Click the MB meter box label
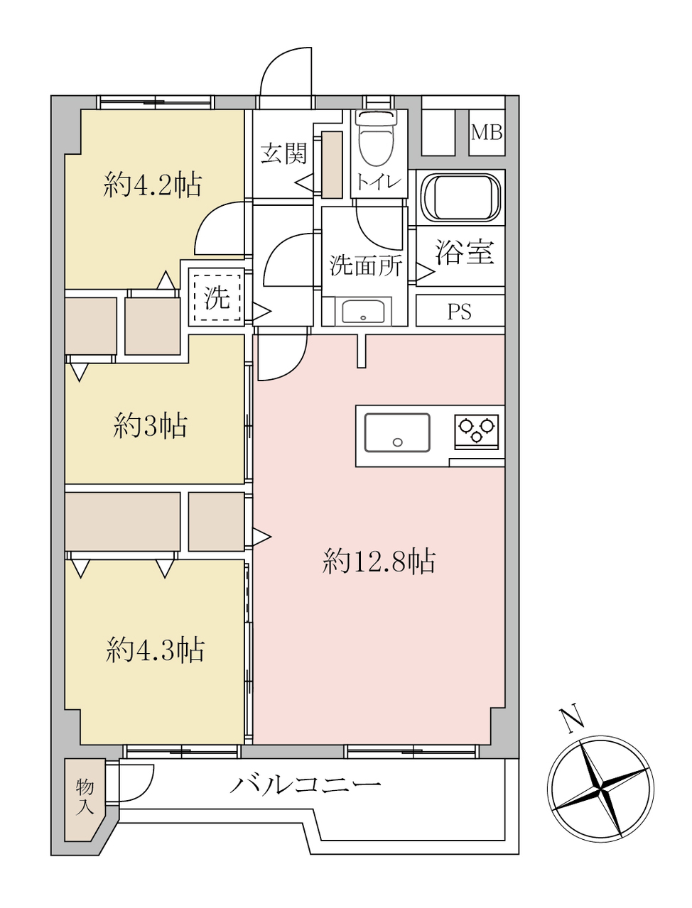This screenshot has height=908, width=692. [487, 133]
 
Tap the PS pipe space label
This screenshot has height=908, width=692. [460, 312]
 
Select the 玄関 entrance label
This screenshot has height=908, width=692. [284, 153]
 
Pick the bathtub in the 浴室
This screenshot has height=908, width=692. [460, 199]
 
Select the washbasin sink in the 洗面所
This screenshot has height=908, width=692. [363, 311]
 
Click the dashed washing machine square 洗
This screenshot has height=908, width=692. [217, 298]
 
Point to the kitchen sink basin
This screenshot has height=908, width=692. [397, 432]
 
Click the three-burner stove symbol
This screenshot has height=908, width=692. [476, 430]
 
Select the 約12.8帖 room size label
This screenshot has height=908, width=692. [379, 562]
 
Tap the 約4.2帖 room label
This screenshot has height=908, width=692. [153, 185]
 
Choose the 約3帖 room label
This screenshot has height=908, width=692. [150, 425]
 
